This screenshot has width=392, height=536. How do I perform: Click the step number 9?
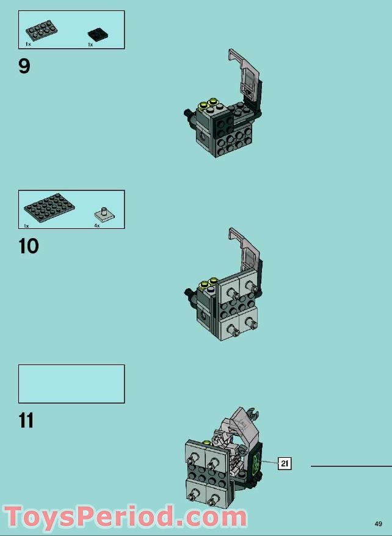24,65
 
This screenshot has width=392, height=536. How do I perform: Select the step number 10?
29,246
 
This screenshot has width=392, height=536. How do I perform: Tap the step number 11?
26,421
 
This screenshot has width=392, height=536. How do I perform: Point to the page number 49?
379,523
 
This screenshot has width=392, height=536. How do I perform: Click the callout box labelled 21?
285,464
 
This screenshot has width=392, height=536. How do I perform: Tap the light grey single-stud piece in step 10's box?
106,214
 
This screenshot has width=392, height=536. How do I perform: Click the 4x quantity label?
96,226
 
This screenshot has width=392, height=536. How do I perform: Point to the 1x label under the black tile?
90,45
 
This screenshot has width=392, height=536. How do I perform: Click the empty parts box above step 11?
71,384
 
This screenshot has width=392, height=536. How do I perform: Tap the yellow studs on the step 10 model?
209,283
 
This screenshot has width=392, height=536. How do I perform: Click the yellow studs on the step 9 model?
209,103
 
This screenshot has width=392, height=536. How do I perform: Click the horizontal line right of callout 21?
350,466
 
